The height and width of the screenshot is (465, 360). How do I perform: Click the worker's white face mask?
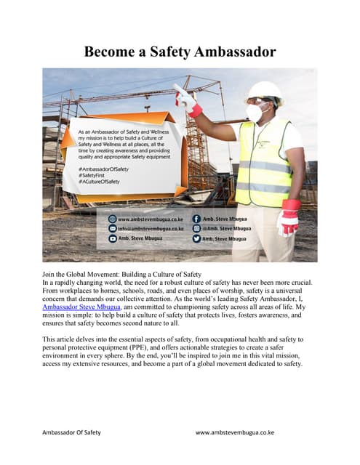[256, 113]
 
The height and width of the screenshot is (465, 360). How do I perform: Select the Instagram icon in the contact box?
[196, 228]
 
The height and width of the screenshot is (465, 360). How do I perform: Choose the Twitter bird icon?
[196, 238]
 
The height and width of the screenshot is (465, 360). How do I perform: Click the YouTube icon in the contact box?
[112, 238]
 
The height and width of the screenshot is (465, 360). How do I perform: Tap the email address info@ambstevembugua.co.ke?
[149, 228]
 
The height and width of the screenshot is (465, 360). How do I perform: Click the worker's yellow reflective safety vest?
[263, 163]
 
